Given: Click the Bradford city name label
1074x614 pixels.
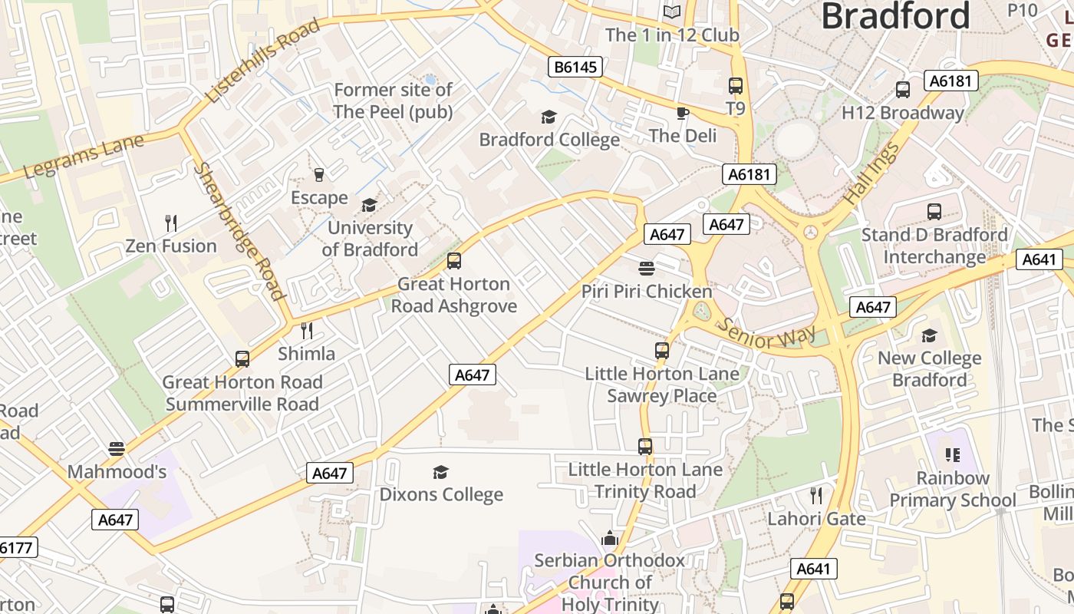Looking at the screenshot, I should pyautogui.click(x=895, y=15).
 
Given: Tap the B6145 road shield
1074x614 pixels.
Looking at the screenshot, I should pyautogui.click(x=575, y=67).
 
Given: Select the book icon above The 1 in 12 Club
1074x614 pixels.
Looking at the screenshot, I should pyautogui.click(x=672, y=12).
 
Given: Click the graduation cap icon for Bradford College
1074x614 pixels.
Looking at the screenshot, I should pyautogui.click(x=549, y=117).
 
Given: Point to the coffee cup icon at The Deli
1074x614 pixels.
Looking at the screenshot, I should pyautogui.click(x=682, y=113).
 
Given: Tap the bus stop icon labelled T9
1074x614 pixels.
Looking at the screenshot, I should pyautogui.click(x=736, y=86).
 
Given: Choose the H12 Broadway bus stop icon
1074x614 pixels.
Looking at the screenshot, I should pyautogui.click(x=903, y=90).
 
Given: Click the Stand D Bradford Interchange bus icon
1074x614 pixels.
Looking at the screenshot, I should pyautogui.click(x=934, y=212).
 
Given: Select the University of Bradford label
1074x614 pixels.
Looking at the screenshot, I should pyautogui.click(x=370, y=239).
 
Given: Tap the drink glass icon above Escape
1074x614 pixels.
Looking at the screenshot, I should pyautogui.click(x=319, y=175).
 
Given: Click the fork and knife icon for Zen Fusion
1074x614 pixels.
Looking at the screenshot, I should pyautogui.click(x=171, y=223).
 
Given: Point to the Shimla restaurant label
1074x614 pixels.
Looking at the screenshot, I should pyautogui.click(x=306, y=354).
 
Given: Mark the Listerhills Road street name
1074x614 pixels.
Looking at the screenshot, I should pyautogui.click(x=262, y=62).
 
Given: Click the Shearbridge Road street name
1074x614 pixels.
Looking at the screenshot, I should pyautogui.click(x=239, y=230).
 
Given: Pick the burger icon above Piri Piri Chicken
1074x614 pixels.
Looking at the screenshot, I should pyautogui.click(x=647, y=269).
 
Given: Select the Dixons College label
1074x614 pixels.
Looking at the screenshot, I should pyautogui.click(x=441, y=494).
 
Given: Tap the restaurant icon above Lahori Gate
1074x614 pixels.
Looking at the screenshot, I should pyautogui.click(x=816, y=496).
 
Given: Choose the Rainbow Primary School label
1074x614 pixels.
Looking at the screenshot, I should pyautogui.click(x=953, y=489).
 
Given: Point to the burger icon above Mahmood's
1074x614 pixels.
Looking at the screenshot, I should pyautogui.click(x=117, y=448).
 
